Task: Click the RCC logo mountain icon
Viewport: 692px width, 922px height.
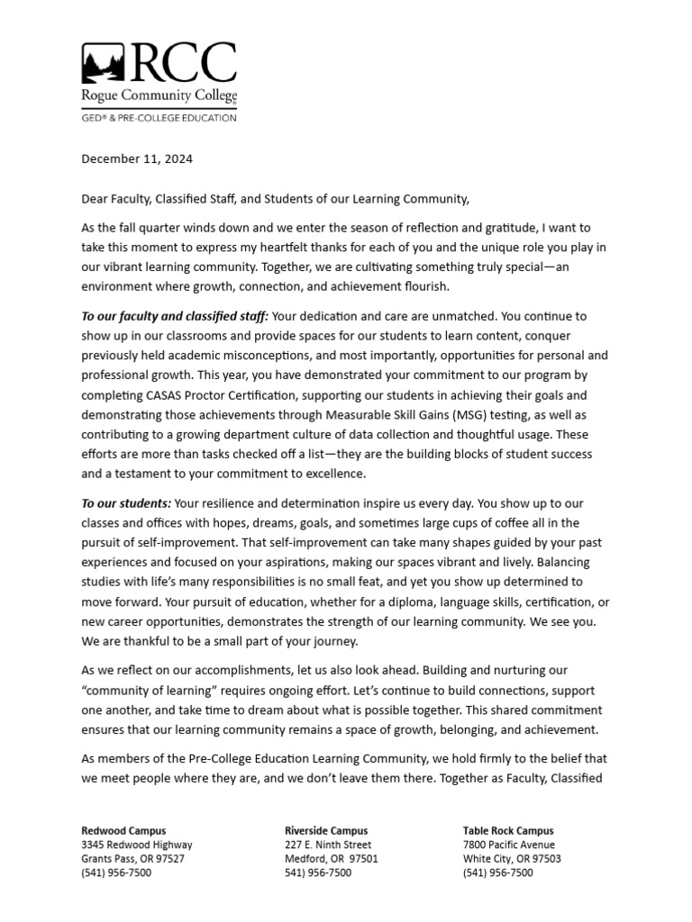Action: click(x=105, y=64)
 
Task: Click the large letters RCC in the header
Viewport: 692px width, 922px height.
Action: click(x=186, y=64)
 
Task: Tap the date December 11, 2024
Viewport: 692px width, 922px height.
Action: click(x=137, y=159)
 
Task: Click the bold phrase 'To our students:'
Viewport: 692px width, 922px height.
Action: click(x=126, y=502)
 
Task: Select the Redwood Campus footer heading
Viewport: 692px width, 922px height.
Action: click(x=123, y=831)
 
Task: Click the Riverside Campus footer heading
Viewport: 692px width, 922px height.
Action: click(x=326, y=831)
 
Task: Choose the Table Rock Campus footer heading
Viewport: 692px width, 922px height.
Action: click(x=508, y=831)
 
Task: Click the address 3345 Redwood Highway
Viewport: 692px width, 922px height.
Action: click(x=136, y=845)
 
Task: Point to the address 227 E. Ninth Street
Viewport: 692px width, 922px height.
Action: click(x=327, y=845)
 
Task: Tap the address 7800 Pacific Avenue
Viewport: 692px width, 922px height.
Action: click(x=508, y=845)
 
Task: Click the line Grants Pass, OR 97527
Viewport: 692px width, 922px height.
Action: click(x=132, y=859)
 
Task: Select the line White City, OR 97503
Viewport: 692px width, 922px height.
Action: click(x=512, y=859)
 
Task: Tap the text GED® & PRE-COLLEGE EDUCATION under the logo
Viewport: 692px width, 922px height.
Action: click(x=159, y=117)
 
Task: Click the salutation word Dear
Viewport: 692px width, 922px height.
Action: click(x=96, y=199)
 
